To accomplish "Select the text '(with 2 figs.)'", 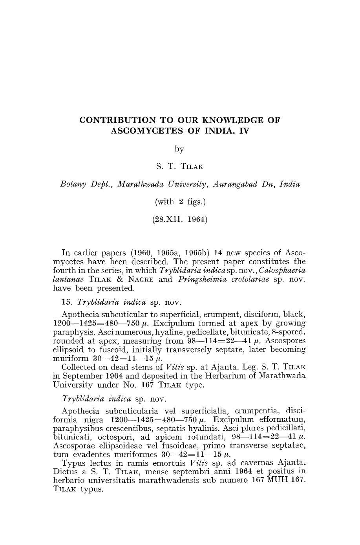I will [x=179, y=202].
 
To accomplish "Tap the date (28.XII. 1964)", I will [x=179, y=219].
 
